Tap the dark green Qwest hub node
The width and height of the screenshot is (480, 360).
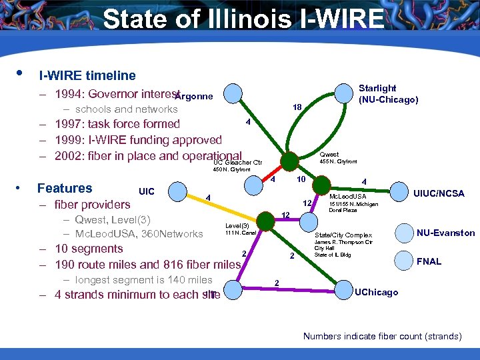[x=290, y=161]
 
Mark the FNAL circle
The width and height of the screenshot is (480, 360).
[x=405, y=260]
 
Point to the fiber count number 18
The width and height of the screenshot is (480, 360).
[x=297, y=107]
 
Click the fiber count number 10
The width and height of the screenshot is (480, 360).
[x=301, y=180]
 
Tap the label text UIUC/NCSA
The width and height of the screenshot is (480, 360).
[x=439, y=193]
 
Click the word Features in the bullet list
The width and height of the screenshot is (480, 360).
[x=65, y=189]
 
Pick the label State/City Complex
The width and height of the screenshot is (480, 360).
[x=343, y=235]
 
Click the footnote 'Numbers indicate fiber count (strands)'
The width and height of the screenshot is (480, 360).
[x=382, y=336]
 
